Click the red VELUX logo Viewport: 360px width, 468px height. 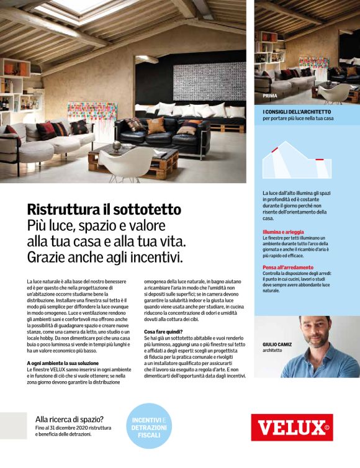pos(292,427)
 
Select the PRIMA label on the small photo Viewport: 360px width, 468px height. pos(270,96)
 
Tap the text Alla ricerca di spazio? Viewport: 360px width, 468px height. pos(70,419)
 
